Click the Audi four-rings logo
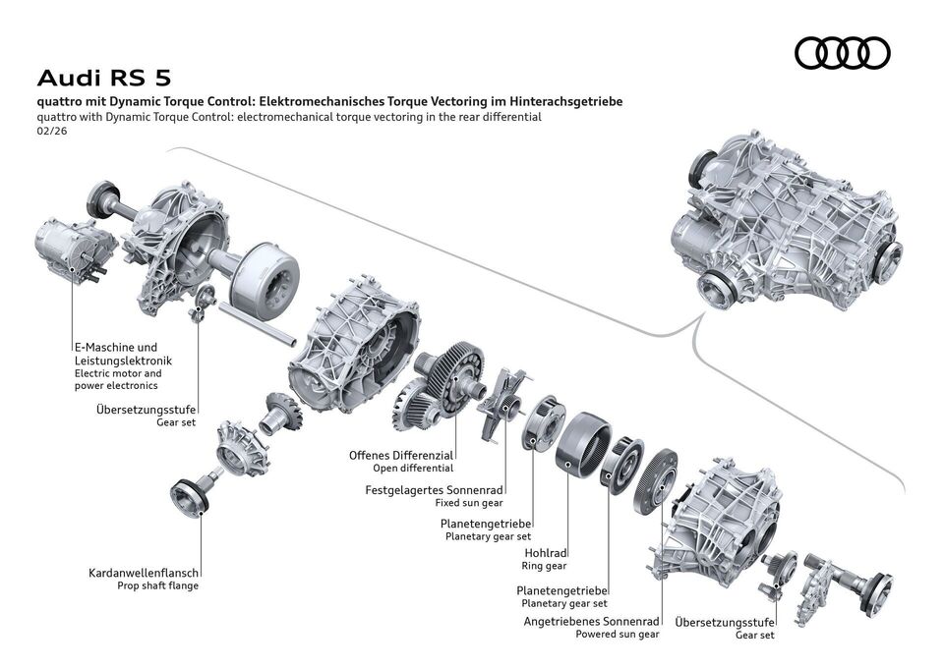click(842, 52)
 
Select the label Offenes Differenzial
click(400, 455)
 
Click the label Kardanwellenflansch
click(144, 572)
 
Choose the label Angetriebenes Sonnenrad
click(591, 622)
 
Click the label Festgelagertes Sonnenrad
click(434, 488)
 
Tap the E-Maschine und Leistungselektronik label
click(115, 354)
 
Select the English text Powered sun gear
click(618, 635)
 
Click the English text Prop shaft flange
click(156, 585)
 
